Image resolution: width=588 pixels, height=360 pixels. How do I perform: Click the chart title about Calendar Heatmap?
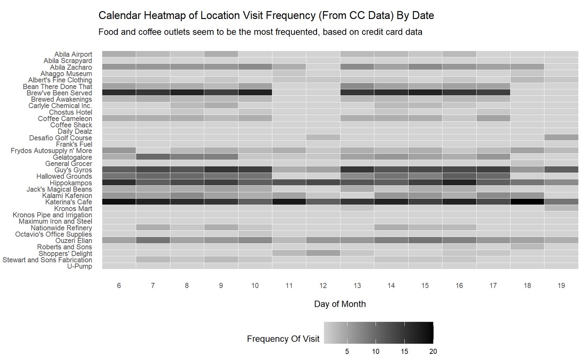[x=266, y=16]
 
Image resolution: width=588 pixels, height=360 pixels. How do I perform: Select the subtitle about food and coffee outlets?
[x=260, y=32]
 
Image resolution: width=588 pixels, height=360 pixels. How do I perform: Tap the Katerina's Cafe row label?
[x=68, y=202]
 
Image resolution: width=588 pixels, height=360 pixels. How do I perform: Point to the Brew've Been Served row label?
[x=59, y=93]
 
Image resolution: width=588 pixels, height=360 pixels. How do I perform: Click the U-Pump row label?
[x=79, y=266]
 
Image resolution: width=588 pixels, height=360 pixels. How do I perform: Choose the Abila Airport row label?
[x=73, y=54]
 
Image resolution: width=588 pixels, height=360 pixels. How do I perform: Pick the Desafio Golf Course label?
[x=60, y=138]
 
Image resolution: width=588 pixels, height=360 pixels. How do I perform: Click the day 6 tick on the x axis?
[x=119, y=285]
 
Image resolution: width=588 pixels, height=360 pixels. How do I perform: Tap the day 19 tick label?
[x=561, y=285]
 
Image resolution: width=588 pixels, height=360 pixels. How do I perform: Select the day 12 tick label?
[x=323, y=285]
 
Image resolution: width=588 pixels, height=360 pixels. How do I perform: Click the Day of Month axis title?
[x=340, y=304]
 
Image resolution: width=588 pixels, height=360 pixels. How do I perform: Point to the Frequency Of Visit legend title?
[x=283, y=339]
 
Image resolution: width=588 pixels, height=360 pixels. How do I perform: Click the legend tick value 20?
[x=433, y=352]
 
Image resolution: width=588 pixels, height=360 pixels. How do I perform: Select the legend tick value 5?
[x=347, y=352]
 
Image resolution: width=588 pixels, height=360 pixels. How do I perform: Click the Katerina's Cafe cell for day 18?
[x=527, y=202]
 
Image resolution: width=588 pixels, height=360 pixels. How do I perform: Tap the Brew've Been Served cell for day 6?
[x=119, y=93]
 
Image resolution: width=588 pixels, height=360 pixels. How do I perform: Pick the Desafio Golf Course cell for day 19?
[x=561, y=138]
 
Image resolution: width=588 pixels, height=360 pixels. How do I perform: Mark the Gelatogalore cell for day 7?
[x=153, y=157]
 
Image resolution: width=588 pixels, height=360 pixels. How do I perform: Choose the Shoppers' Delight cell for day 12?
[x=323, y=253]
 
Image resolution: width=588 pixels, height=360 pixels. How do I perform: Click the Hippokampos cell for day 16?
[x=459, y=182]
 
